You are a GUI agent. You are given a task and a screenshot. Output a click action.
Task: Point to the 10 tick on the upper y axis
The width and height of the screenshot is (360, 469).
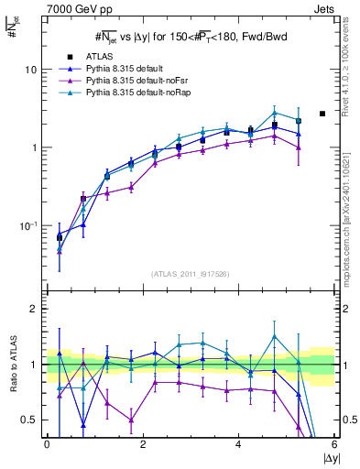(x=30, y=70)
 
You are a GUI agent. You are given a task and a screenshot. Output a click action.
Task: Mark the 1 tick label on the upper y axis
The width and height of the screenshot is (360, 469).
(x=34, y=147)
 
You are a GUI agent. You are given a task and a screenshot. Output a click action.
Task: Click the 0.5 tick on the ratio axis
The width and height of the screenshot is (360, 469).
(x=29, y=420)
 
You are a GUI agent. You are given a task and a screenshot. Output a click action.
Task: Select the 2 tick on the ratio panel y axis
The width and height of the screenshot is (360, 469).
(x=34, y=309)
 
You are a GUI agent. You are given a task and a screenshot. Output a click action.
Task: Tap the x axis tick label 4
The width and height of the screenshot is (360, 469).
(x=238, y=444)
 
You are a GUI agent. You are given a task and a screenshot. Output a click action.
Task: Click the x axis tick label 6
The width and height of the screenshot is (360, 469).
(x=334, y=444)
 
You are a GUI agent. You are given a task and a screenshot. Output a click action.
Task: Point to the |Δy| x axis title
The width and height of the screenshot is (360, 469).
(x=328, y=458)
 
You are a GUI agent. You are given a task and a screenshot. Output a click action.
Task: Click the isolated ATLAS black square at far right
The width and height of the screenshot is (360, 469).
(x=322, y=114)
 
